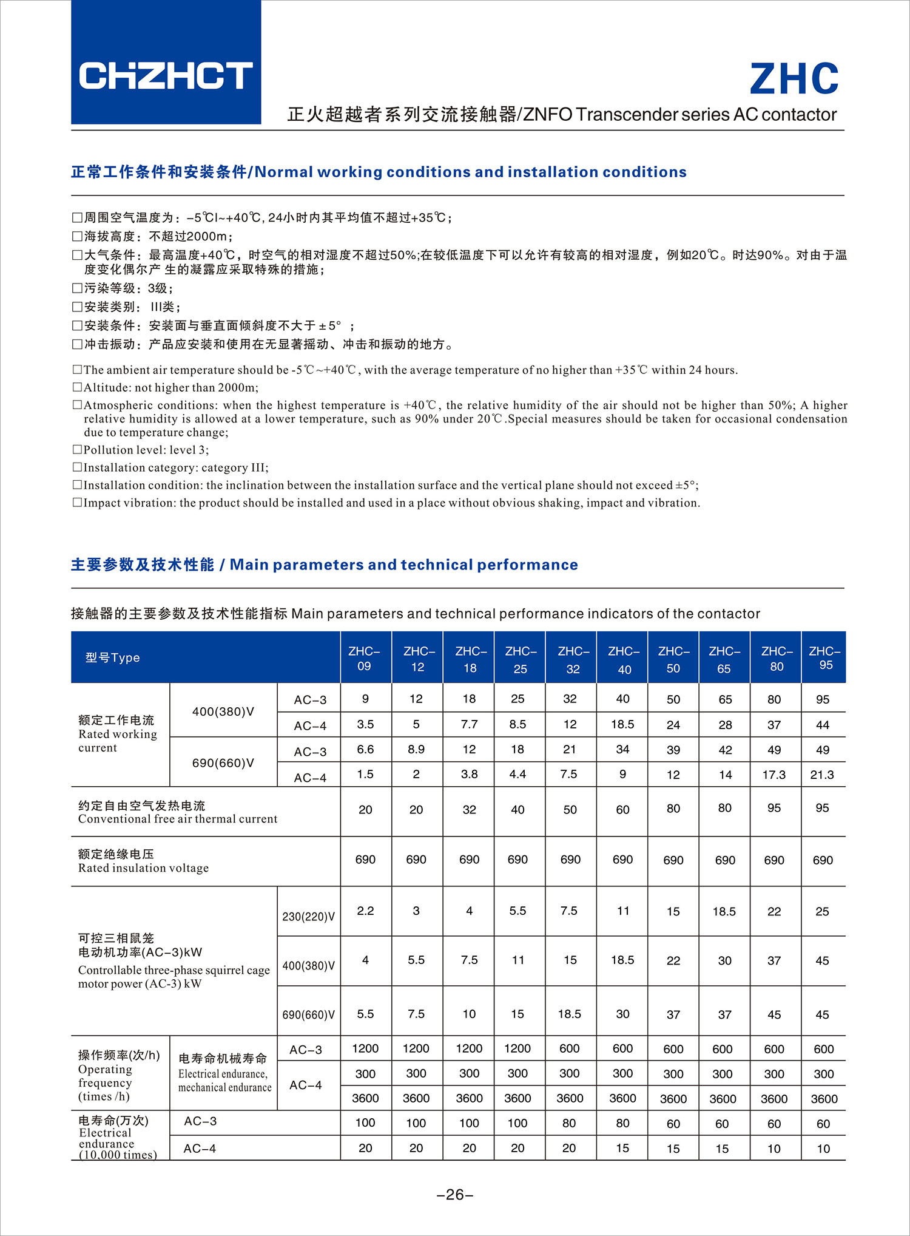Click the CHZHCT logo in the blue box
pos(166,75)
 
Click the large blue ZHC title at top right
pos(794,79)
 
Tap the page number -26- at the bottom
pos(455,1195)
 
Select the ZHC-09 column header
pos(364,658)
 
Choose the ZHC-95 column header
pos(824,658)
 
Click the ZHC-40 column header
pos(623,660)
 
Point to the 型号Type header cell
pos(113,657)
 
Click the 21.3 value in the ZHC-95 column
pos(822,775)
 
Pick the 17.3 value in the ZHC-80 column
pos(774,775)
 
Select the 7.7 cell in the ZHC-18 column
pos(469,724)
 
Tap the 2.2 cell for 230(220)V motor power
pos(365,911)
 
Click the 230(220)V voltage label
pos(308,916)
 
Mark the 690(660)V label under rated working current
pos(223,762)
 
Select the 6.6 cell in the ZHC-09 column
pos(365,749)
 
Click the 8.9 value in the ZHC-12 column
pos(416,749)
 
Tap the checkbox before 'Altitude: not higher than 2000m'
pos(77,387)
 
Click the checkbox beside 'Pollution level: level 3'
pos(77,450)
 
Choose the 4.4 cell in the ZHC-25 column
pos(517,775)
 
